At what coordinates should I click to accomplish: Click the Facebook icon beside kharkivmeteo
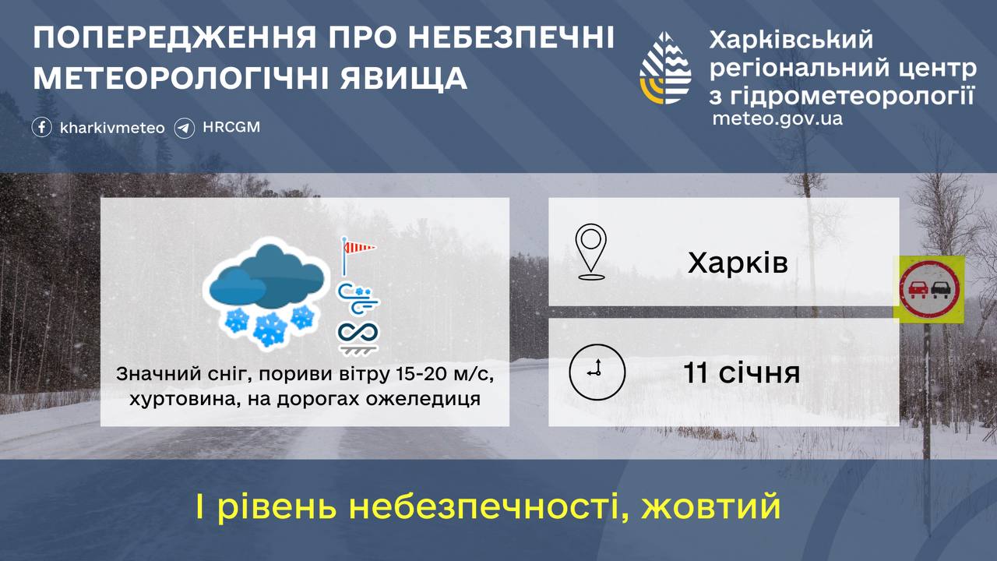pos(42,127)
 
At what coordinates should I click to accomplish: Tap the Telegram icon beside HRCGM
pos(185,127)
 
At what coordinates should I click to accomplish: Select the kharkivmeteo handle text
pos(112,128)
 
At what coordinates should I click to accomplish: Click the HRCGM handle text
pos(231,127)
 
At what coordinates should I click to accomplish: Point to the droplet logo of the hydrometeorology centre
pos(665,69)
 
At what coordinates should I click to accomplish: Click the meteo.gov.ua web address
pos(777,119)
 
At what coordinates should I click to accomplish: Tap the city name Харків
pos(738,263)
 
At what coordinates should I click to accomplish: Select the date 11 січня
pos(742,372)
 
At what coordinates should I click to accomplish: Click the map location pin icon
pos(590,251)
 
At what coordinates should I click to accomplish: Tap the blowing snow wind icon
pos(358,297)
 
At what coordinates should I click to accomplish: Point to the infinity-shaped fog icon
pos(358,334)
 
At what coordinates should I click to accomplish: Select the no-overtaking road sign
pos(930,287)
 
